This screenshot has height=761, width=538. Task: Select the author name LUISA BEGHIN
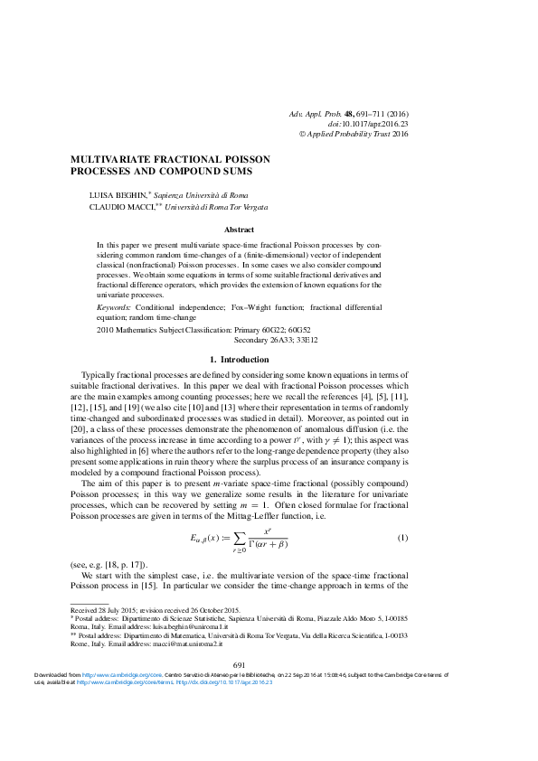[118, 195]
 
